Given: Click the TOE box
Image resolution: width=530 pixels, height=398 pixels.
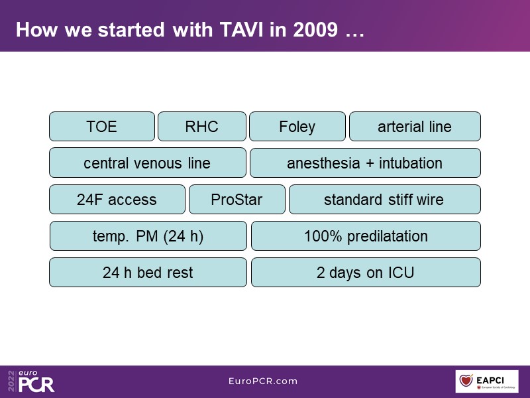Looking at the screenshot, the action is (102, 126).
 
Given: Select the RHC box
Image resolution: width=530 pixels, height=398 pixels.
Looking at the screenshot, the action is (202, 126).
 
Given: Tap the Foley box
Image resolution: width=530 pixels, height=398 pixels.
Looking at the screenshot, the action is (297, 126).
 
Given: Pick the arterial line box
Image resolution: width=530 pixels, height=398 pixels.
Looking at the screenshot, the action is (415, 126).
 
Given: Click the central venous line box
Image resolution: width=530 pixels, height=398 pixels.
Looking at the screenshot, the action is (147, 163).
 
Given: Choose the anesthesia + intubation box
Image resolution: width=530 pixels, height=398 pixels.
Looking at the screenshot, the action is (365, 163).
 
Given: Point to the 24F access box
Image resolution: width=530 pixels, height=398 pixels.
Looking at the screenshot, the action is (117, 200).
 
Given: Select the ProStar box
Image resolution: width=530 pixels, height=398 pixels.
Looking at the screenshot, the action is (237, 200).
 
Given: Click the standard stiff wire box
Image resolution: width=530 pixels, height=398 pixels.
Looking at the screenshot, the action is (385, 200).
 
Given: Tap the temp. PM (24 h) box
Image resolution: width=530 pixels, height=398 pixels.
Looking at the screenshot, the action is (148, 236).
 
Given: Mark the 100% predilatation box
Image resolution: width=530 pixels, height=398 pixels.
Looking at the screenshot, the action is (366, 236).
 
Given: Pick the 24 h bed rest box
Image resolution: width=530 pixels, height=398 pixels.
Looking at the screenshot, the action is (148, 273).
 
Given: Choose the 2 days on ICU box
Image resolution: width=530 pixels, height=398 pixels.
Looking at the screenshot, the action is (366, 273).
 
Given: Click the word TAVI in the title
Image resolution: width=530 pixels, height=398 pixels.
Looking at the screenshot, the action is (241, 29).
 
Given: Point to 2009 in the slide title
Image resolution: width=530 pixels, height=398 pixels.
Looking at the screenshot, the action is (315, 29).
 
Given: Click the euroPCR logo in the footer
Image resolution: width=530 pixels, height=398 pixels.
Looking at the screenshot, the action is (31, 381).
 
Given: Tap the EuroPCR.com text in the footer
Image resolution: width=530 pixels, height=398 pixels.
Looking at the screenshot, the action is (263, 381).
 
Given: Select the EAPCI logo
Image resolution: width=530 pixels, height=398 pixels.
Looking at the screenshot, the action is (487, 381).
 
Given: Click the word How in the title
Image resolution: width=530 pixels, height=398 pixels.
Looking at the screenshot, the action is (37, 29).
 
